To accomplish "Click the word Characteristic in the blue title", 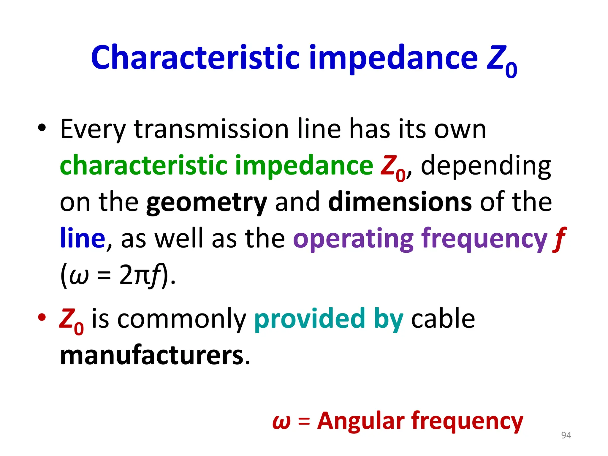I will (195, 57).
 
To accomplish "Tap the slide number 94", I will (566, 435).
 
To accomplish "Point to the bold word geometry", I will (207, 203).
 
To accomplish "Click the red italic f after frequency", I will (559, 239).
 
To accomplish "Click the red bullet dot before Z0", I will (42, 317).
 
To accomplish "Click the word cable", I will (443, 318).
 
